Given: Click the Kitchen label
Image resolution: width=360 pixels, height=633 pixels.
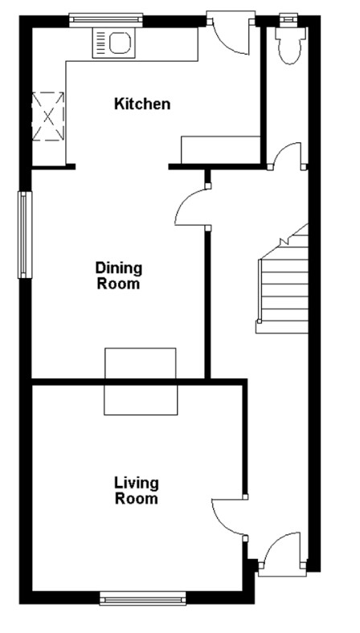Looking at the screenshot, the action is coord(142,104).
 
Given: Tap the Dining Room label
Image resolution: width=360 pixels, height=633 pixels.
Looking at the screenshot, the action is coord(118,276).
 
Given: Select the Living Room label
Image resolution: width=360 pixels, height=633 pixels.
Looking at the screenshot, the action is coord(136,491).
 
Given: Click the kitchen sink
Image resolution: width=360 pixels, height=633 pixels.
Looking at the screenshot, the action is coord(114,43).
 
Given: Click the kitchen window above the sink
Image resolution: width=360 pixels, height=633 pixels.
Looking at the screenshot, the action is coord(106,18).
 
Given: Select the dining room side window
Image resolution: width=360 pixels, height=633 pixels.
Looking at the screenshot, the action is coord(25,235).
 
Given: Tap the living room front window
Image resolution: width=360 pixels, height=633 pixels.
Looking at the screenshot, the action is coord(142,598).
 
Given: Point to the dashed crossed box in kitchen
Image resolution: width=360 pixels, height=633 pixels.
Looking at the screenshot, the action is coord(47,116).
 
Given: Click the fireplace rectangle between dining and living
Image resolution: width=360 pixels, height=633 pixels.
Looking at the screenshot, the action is coord(141,381).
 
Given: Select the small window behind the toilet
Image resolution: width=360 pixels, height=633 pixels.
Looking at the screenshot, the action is coord(288,18).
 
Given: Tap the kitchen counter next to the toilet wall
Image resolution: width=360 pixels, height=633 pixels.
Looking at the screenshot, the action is coord(221,149).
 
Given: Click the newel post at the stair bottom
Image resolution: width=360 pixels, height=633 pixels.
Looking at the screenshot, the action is coord(259,322).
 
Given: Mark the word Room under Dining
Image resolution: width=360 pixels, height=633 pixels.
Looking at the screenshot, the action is coord(118,284).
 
